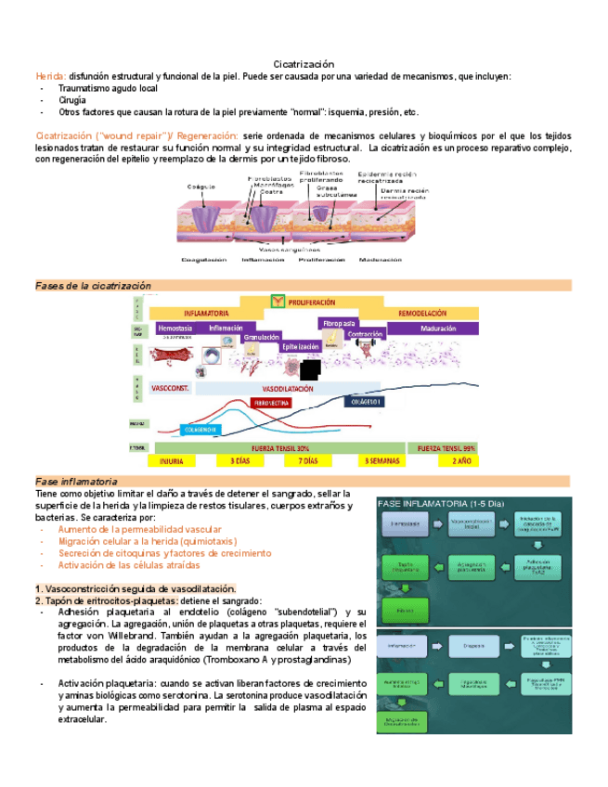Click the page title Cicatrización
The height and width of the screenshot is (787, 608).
click(303, 62)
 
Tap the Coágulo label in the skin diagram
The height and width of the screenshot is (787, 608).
click(202, 186)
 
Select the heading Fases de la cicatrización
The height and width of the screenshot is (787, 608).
click(93, 286)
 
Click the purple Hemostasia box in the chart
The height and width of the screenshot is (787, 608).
click(176, 329)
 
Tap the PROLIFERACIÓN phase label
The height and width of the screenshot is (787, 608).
click(312, 303)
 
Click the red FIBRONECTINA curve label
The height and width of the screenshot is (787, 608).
click(271, 403)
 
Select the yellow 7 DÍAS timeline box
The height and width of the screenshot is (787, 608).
click(307, 460)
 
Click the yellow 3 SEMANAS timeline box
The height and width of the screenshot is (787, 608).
click(382, 460)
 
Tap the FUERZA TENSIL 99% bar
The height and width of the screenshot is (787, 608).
click(448, 447)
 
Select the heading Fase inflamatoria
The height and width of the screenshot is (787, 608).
click(76, 482)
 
